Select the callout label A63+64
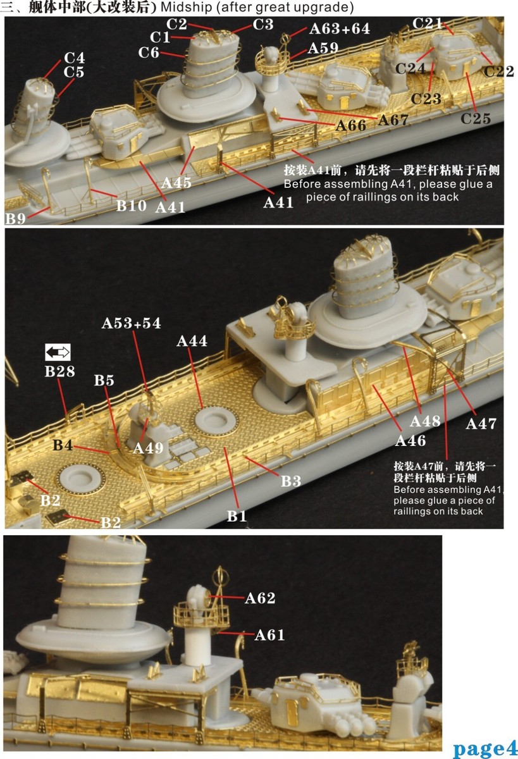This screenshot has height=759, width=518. (x=340, y=29)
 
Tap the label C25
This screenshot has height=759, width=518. (x=476, y=118)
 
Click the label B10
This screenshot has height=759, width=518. (x=132, y=205)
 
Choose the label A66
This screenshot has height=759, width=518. (x=351, y=125)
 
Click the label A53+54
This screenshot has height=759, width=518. (x=132, y=323)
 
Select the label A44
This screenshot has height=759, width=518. (x=192, y=341)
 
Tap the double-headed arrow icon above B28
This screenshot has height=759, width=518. (x=58, y=353)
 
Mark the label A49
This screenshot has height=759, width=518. (x=148, y=448)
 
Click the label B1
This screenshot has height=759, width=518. (x=237, y=516)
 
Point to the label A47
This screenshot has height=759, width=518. (x=481, y=423)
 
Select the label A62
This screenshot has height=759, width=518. (x=260, y=598)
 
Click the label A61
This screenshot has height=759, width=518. (x=270, y=634)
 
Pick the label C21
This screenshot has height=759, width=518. (x=427, y=23)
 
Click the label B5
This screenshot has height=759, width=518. (x=104, y=380)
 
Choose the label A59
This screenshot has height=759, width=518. (x=323, y=49)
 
